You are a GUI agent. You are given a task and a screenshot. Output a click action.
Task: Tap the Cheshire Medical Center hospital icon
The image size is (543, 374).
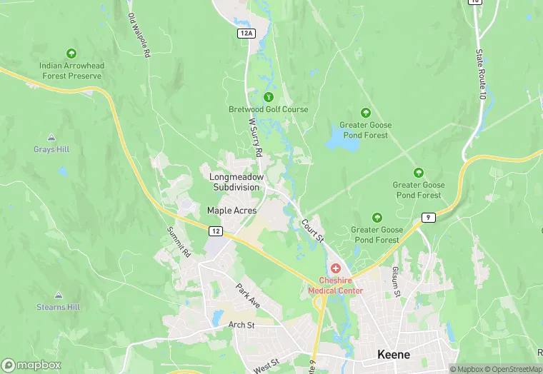point(335,268)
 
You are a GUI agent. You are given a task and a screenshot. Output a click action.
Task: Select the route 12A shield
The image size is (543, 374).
point(246,33)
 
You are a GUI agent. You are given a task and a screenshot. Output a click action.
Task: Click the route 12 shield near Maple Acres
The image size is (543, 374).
point(215,231)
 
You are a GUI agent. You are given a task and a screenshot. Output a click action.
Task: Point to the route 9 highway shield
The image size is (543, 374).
point(428,217)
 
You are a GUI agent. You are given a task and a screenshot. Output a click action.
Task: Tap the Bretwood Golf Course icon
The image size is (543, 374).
point(269,96)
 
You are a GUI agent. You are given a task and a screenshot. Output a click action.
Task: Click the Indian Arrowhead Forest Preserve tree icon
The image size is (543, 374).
point(71,54)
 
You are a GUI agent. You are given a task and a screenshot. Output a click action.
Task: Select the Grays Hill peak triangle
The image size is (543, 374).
point(51,137)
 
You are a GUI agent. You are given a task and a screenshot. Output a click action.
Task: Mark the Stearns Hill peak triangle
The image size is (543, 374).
point(59,294)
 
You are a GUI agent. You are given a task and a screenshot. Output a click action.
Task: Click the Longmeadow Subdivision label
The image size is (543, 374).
point(236,181)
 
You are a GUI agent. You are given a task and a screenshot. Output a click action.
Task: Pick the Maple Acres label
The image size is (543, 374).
point(231,211)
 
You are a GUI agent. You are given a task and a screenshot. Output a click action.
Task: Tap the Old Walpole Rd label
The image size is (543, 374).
point(139,35)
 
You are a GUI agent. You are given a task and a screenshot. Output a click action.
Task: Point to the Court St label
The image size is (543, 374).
point(312,228)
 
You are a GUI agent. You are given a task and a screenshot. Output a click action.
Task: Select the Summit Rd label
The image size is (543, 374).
point(179,242)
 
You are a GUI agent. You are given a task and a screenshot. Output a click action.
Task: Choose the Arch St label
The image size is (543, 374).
point(241,325)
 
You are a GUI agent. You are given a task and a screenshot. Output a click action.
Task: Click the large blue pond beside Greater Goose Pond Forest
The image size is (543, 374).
point(343,140)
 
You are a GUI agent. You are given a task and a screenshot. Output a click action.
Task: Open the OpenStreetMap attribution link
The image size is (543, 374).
point(512,369)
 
